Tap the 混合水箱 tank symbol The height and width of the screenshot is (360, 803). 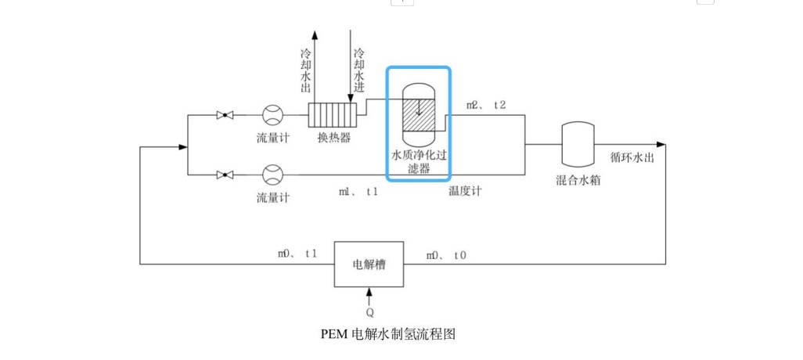(579, 144)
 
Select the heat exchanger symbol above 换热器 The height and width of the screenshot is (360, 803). (332, 115)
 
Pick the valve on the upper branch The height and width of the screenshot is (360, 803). (226, 115)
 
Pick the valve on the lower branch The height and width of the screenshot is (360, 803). (226, 175)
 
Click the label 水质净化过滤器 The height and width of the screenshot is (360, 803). (419, 160)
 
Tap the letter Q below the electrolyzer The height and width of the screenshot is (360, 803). (369, 311)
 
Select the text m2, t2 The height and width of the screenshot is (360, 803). (486, 105)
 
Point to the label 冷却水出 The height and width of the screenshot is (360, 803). (306, 70)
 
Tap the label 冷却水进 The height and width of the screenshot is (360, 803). (358, 70)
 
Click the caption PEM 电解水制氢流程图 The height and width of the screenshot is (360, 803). (388, 334)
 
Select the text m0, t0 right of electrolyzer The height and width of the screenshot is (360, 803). (446, 255)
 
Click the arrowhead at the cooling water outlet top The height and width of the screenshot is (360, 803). (315, 35)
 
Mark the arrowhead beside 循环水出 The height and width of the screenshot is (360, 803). (661, 145)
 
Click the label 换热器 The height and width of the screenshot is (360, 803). (333, 139)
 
